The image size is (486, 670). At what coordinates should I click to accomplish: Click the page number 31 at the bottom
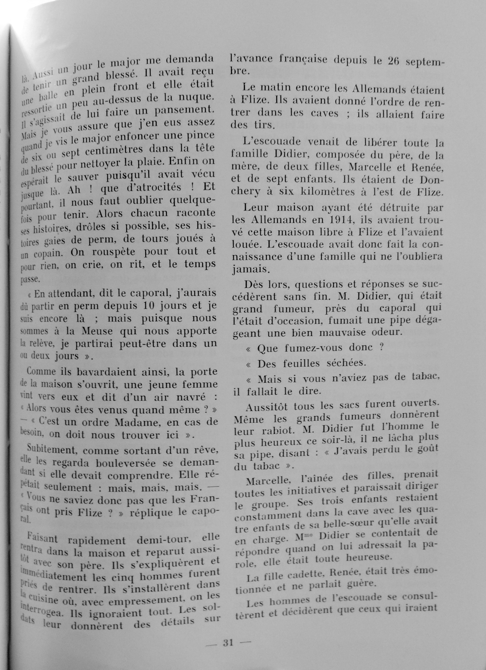click(228, 642)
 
